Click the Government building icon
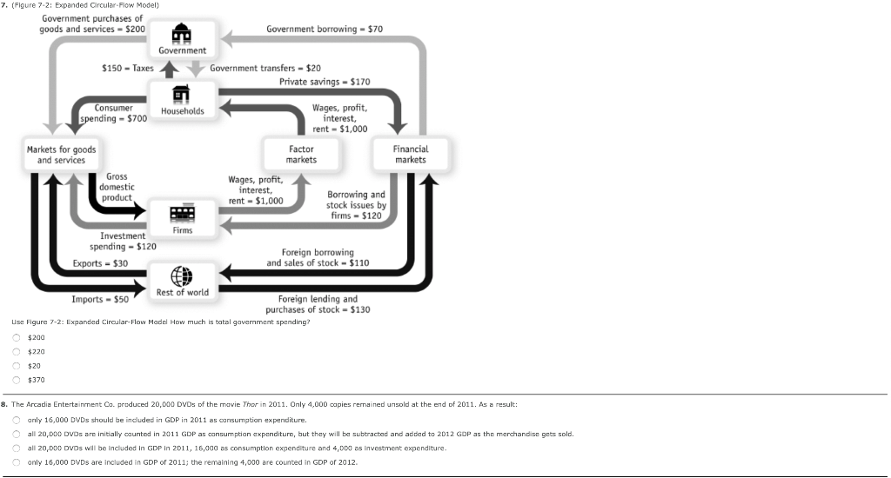click(182, 33)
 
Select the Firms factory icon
click(182, 214)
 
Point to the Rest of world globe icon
click(182, 274)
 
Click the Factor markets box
click(301, 154)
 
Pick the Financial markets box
click(411, 154)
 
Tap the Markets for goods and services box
click(61, 155)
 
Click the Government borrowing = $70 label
click(325, 29)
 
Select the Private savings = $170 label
click(325, 82)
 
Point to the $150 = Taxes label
click(127, 68)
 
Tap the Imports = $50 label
click(100, 299)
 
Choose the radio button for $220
click(16, 352)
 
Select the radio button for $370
click(16, 380)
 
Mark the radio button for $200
click(16, 337)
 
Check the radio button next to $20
click(16, 366)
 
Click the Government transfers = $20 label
click(265, 68)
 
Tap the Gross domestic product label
click(117, 187)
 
